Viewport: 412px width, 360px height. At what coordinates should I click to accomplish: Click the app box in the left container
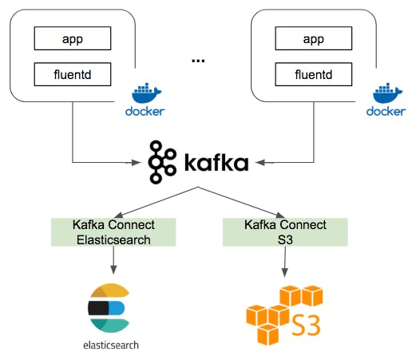[72, 37]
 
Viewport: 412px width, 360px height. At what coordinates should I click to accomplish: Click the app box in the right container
[315, 37]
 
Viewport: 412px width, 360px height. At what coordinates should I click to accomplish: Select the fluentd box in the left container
[72, 75]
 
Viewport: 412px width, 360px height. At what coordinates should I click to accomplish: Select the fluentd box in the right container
[315, 75]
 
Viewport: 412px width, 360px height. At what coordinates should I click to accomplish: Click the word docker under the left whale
[145, 111]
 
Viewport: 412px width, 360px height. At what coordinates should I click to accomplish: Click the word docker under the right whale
[386, 111]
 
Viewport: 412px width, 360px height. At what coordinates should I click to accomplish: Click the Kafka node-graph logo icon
[163, 162]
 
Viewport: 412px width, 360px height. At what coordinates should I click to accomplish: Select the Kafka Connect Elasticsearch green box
[113, 231]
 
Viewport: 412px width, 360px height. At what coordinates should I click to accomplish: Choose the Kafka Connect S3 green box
[285, 231]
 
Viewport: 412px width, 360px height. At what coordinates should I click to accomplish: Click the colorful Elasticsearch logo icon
[109, 308]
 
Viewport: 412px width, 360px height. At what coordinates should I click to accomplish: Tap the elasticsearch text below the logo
[109, 346]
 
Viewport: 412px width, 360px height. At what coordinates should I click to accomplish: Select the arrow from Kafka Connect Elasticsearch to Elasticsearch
[113, 259]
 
